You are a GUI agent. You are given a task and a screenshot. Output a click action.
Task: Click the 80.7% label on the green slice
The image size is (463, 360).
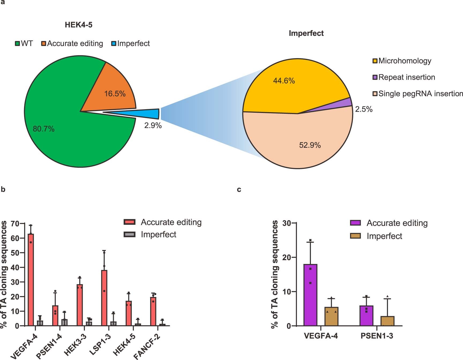pyautogui.click(x=44, y=129)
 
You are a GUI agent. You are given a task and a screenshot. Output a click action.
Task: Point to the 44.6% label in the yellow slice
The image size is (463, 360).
pyautogui.click(x=284, y=81)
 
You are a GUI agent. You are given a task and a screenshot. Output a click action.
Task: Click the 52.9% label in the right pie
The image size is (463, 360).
pyautogui.click(x=310, y=145)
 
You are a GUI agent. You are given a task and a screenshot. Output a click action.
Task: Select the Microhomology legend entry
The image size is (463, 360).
pyautogui.click(x=402, y=61)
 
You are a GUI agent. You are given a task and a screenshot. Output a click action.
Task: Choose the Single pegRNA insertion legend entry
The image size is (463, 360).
pyautogui.click(x=418, y=94)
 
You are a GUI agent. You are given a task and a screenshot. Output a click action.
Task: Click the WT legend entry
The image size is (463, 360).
pyautogui.click(x=24, y=43)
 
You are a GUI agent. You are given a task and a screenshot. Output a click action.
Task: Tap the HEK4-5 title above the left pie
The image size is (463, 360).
pyautogui.click(x=79, y=25)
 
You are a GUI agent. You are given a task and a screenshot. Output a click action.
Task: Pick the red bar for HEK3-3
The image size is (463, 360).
pyautogui.click(x=80, y=305)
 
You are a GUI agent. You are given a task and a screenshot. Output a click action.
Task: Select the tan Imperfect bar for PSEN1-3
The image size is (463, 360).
pyautogui.click(x=387, y=321)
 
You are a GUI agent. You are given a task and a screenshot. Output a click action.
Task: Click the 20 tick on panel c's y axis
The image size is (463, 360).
pyautogui.click(x=287, y=257)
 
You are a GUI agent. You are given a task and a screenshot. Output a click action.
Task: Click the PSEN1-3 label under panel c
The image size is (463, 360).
pyautogui.click(x=377, y=336)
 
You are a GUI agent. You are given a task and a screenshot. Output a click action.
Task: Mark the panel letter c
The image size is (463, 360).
pyautogui.click(x=239, y=190)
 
